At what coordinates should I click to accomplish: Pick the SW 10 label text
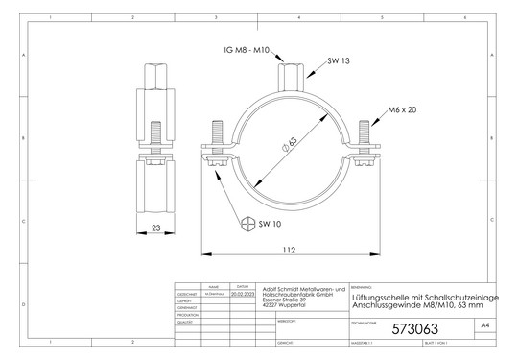click(x=271, y=224)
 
